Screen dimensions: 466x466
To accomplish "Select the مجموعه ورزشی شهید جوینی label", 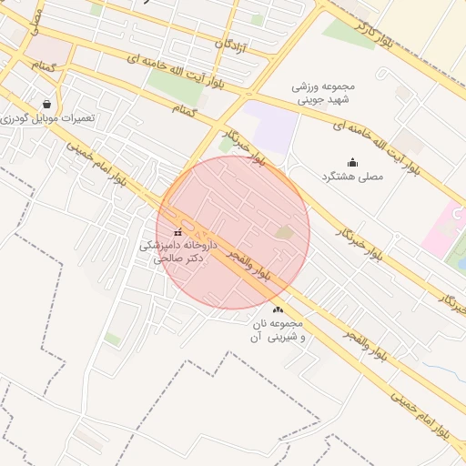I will point(327,93).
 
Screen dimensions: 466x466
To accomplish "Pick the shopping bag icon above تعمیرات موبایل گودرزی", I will point(46,105).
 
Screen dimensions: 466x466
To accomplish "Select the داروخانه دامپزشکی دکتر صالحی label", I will point(177,251).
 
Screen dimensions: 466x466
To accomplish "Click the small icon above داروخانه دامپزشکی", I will point(177,234).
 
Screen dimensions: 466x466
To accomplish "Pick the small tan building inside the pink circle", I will point(285,233).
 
